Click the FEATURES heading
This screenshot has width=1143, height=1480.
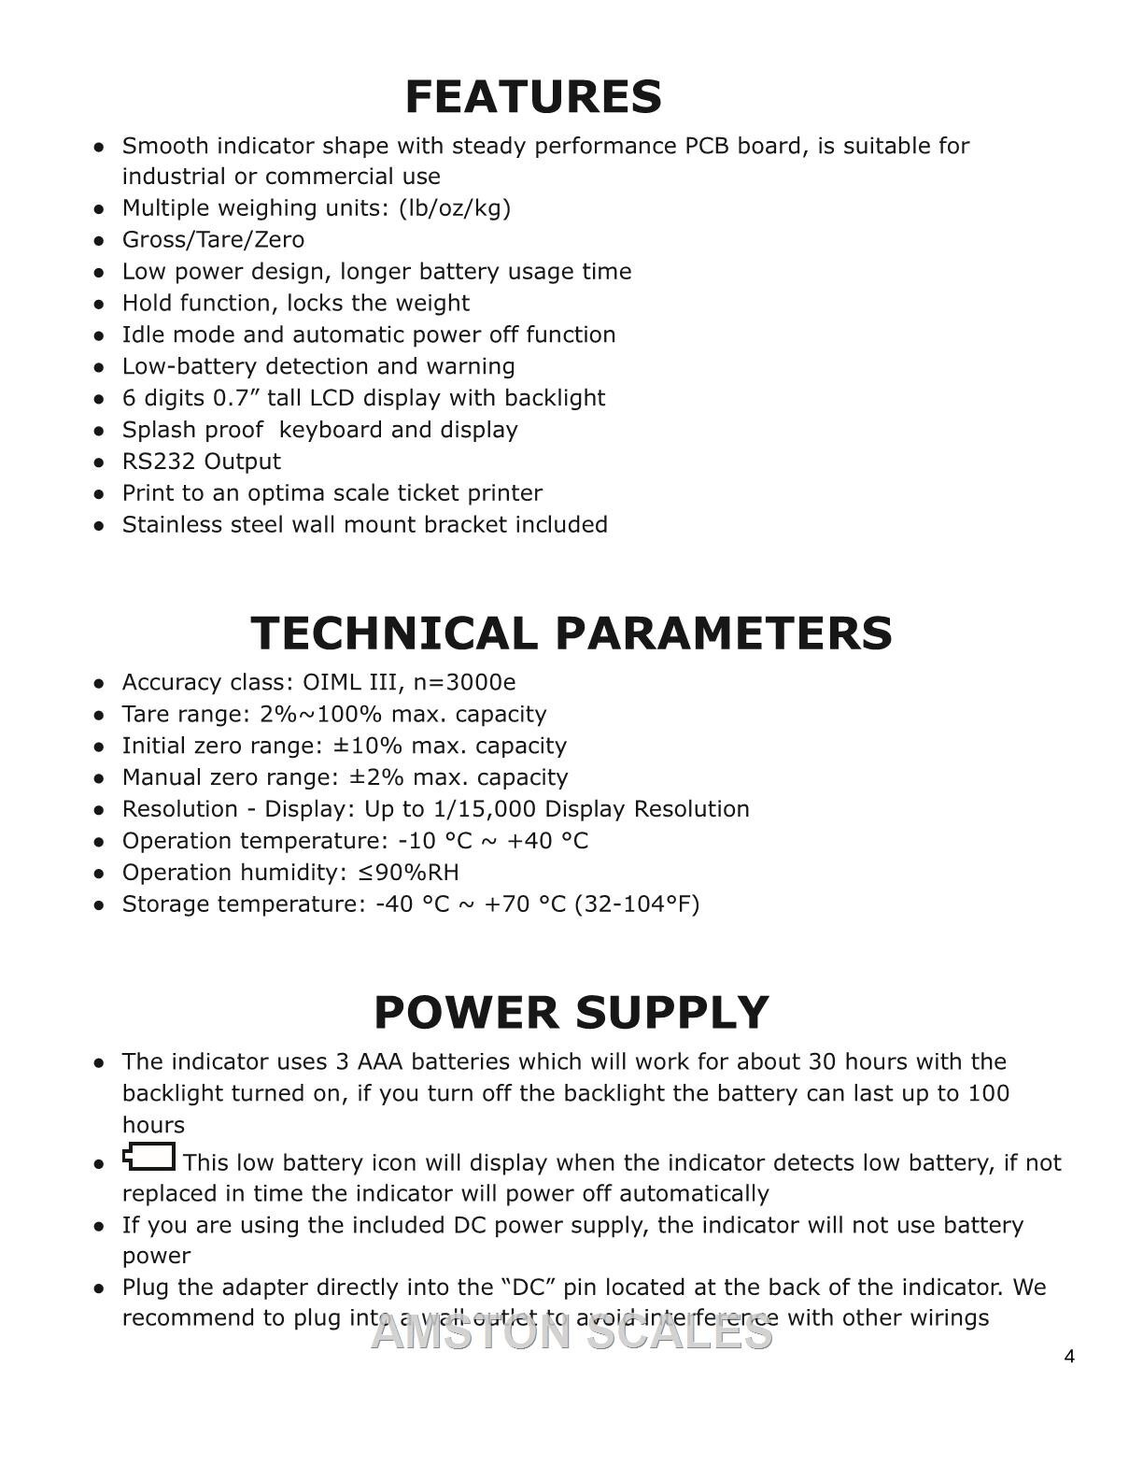[x=533, y=97]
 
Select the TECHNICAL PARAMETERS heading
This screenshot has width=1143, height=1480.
[x=571, y=633]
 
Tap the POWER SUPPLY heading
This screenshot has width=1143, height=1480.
[x=571, y=1013]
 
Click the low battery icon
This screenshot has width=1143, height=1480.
[x=149, y=1158]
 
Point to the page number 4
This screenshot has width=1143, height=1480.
[x=1069, y=1357]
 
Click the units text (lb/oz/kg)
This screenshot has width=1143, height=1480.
[x=455, y=208]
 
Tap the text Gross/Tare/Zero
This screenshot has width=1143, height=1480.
[x=213, y=240]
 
